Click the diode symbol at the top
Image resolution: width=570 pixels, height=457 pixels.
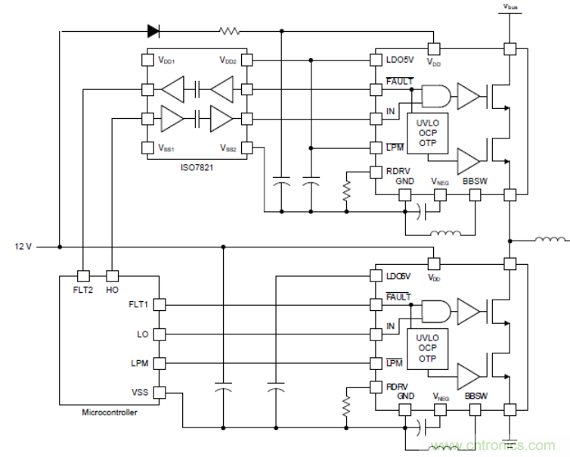pyautogui.click(x=153, y=31)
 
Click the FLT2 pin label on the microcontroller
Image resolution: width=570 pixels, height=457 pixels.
pyautogui.click(x=83, y=289)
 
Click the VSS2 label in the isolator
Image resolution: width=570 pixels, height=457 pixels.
pyautogui.click(x=228, y=148)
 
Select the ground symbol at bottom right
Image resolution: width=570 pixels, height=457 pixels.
pyautogui.click(x=511, y=441)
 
